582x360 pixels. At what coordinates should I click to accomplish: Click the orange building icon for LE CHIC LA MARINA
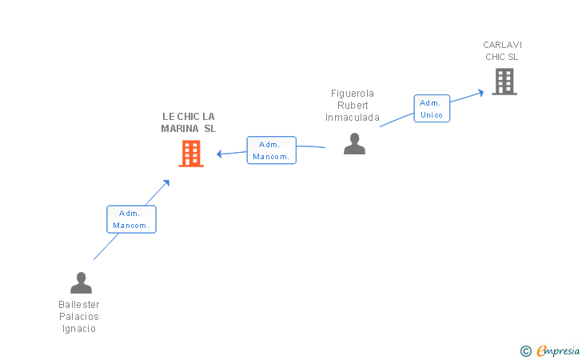coord(191,154)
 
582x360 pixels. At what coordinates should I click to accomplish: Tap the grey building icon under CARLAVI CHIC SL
coord(504,82)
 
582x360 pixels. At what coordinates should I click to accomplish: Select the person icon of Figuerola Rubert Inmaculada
coord(354,143)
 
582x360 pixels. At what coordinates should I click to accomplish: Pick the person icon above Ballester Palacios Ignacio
coord(81,282)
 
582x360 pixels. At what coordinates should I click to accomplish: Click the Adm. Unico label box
coord(432,109)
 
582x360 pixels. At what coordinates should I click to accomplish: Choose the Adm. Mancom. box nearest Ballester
coord(131,219)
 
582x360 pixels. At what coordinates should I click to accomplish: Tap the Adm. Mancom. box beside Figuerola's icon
coord(271,150)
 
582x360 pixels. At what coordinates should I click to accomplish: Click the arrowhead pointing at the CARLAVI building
coord(481,93)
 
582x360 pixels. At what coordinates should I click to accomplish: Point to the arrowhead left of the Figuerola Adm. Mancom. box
coord(219,154)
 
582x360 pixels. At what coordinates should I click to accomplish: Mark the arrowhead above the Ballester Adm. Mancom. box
coord(166,182)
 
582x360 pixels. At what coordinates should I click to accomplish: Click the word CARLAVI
coord(502,45)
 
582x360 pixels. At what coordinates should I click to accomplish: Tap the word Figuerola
coord(353,94)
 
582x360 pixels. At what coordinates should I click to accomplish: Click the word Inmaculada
coord(353,118)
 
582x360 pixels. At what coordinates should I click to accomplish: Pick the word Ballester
coord(78,305)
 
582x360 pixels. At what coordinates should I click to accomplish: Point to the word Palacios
coord(78,317)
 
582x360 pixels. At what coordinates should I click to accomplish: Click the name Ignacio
coord(78,329)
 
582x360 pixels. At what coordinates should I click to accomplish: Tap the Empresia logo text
coord(558,350)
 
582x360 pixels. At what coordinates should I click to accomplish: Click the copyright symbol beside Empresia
coord(526,351)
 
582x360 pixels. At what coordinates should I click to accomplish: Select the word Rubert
coord(353,106)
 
